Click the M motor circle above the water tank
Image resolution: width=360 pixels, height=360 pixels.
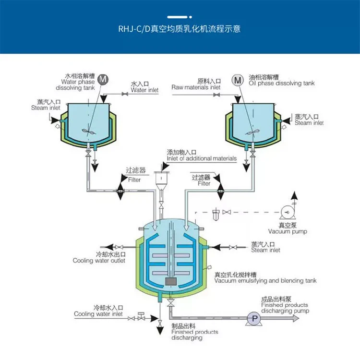pos(103,79)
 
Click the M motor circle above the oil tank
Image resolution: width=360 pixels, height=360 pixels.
pos(238,80)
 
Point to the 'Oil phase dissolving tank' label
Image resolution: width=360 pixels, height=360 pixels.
pos(281,83)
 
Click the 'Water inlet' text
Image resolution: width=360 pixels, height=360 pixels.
pos(144,90)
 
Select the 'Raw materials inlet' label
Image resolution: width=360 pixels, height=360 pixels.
pos(196,87)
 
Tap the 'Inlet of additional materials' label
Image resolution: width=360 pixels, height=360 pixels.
pos(202,158)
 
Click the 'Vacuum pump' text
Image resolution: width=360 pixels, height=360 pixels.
pos(288,231)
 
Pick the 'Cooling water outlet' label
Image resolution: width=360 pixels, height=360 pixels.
pos(99,261)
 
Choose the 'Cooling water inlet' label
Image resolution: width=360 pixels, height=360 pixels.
pos(98,314)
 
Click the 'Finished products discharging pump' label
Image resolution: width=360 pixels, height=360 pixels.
pos(285,308)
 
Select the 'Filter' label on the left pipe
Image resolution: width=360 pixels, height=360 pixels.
pos(134,180)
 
